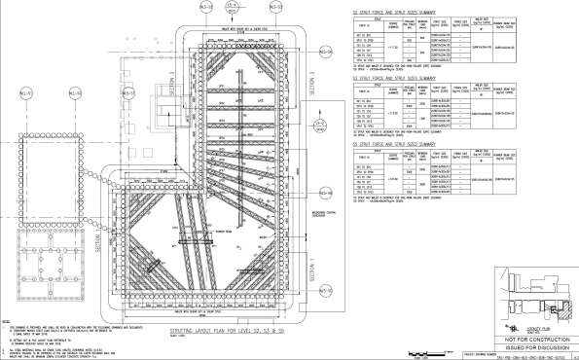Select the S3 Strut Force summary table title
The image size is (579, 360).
click(x=406, y=78)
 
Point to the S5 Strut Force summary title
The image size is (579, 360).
click(x=406, y=146)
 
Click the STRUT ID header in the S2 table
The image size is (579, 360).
click(x=365, y=26)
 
